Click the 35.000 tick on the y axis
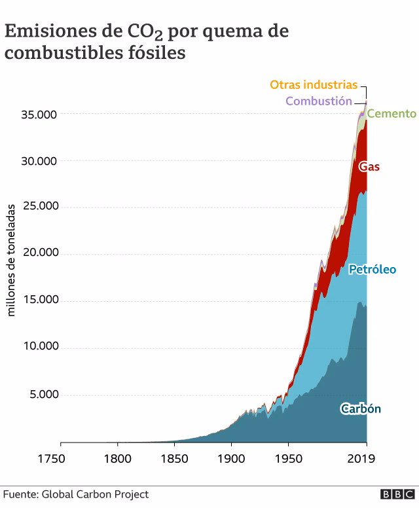39,115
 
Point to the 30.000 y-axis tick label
39,161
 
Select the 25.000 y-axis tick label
39,206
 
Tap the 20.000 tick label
39,253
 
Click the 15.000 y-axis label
39,300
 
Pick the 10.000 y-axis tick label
39,346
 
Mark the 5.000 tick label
43,395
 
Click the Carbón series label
361,409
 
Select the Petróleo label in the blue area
372,269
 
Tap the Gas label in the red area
369,166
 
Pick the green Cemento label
392,114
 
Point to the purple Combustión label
318,101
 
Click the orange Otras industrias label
314,85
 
